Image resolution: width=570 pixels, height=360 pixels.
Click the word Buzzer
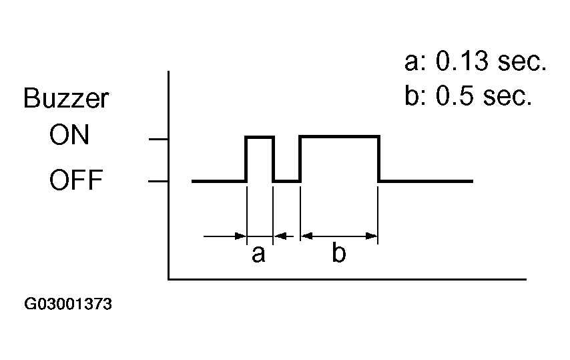tap(66, 99)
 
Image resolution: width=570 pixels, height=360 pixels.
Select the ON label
tap(69, 136)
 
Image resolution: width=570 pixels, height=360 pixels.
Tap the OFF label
tap(75, 180)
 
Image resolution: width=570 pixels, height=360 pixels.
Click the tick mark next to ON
tap(159, 139)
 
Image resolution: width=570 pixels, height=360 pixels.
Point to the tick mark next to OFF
tap(159, 181)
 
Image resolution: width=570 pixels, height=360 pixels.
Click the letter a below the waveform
tap(258, 254)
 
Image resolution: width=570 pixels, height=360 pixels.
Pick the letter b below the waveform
tap(339, 254)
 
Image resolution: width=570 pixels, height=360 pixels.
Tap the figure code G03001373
tap(68, 305)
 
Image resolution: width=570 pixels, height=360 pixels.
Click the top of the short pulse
tap(260, 137)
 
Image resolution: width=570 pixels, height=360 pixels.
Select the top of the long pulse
tap(339, 137)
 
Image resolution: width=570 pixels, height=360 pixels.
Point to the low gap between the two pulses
tap(287, 180)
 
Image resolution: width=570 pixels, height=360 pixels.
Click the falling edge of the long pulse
tap(378, 159)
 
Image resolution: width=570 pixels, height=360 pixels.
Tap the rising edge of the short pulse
tap(246, 159)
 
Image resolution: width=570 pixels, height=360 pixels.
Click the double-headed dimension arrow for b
tap(339, 235)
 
